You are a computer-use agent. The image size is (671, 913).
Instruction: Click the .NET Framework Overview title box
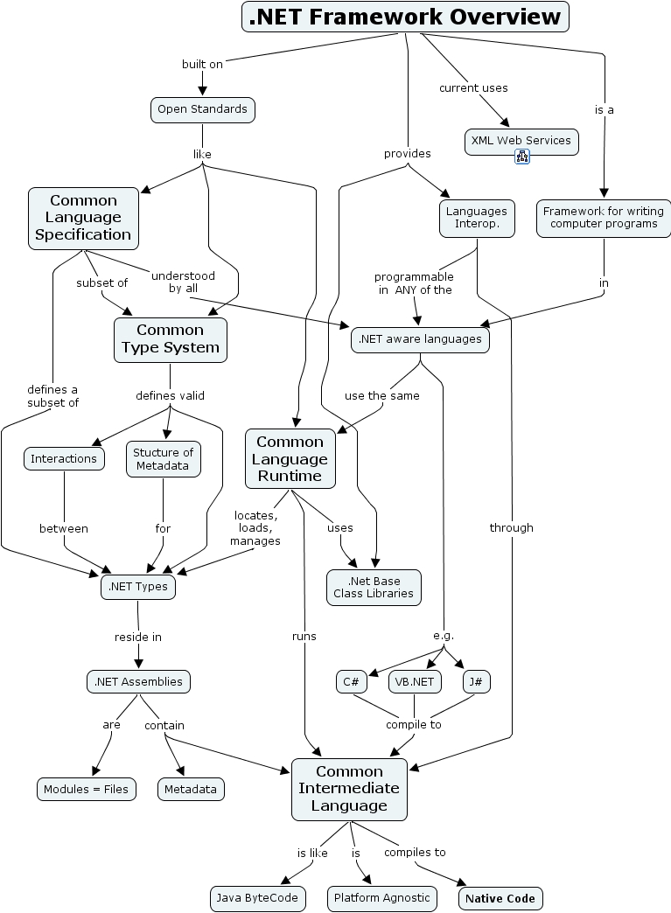pos(405,17)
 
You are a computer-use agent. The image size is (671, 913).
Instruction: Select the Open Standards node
pos(202,109)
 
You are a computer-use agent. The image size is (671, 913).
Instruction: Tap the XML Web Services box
pos(521,140)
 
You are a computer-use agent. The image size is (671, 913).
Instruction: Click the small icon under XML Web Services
pos(522,157)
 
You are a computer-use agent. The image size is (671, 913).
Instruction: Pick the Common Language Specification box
pos(83,218)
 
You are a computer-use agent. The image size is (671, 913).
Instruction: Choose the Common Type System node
pos(170,339)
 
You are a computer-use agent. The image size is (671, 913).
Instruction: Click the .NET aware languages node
pos(420,339)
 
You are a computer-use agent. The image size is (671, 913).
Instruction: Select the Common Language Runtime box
pos(290,458)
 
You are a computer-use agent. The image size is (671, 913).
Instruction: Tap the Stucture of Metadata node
pos(163,459)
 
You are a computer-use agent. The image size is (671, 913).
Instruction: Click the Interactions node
pos(64,458)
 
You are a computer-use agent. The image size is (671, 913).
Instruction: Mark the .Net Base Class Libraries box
pos(374,587)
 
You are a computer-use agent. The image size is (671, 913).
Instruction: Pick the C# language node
pos(352,681)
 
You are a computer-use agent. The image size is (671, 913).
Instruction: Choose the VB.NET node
pos(416,681)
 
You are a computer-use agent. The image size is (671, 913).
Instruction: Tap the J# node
pos(477,681)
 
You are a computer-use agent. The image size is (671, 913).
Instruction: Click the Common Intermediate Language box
pos(349,789)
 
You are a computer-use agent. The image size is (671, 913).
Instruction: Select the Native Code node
pos(500,898)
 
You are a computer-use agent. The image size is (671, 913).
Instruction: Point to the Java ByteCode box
pos(258,897)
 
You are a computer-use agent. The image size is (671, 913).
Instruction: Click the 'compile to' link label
pos(414,724)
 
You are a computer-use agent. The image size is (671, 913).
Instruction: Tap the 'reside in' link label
pos(138,637)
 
